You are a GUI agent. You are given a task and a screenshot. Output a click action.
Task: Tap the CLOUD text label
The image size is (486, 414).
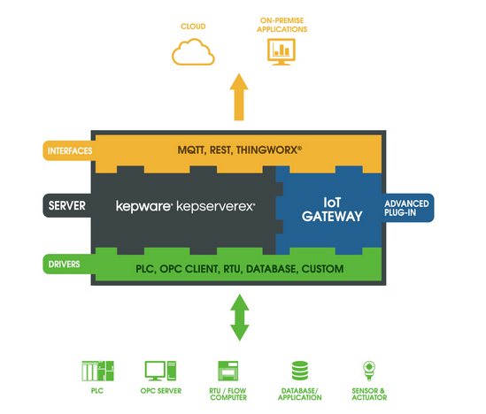pos(193,27)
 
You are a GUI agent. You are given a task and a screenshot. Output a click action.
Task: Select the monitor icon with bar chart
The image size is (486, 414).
pos(282,51)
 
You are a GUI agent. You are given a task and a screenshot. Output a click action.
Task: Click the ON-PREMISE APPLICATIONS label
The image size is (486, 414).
pos(282,25)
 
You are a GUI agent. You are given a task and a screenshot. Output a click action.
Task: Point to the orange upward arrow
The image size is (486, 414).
pos(239,97)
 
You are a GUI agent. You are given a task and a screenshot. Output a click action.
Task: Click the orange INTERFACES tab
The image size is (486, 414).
pos(69,150)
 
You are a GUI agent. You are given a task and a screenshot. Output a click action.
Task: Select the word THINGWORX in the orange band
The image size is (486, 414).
pos(266,150)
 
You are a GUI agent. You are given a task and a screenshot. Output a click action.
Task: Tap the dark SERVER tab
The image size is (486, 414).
pos(67,205)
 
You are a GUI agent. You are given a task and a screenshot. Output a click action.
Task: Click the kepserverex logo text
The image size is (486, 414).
pos(216,206)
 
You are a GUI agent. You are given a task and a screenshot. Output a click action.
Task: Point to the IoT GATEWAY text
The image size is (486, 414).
pos(332,210)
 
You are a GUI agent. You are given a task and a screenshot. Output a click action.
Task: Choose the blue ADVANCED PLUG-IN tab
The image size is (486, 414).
pos(407,208)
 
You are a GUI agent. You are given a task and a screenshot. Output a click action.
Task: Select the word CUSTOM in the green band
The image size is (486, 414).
pos(322,269)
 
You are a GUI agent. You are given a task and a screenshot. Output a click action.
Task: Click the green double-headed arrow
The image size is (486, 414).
pos(240,318)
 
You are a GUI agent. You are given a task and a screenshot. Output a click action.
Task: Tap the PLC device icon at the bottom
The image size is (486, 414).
pos(97,371)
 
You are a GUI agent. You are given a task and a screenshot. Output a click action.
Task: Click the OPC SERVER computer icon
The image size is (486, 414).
pos(160,371)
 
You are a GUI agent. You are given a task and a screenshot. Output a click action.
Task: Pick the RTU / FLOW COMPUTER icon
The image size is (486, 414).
pos(228,371)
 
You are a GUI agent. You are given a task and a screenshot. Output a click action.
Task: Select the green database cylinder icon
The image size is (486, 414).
pos(300,371)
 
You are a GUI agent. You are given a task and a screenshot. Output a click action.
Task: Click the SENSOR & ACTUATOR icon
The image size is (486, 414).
pos(369,371)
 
